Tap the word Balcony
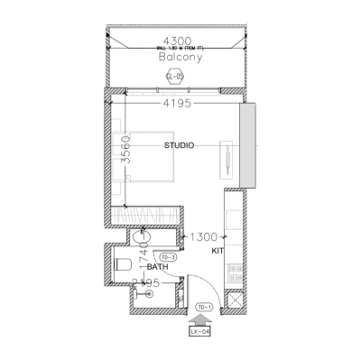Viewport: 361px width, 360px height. coord(180,56)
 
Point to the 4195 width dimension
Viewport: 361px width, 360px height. coord(180,105)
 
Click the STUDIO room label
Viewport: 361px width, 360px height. coord(180,144)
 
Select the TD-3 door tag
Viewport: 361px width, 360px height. coord(168,257)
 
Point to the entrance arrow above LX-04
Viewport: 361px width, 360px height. coord(199,316)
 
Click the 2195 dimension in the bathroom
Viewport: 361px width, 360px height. coord(146,282)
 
